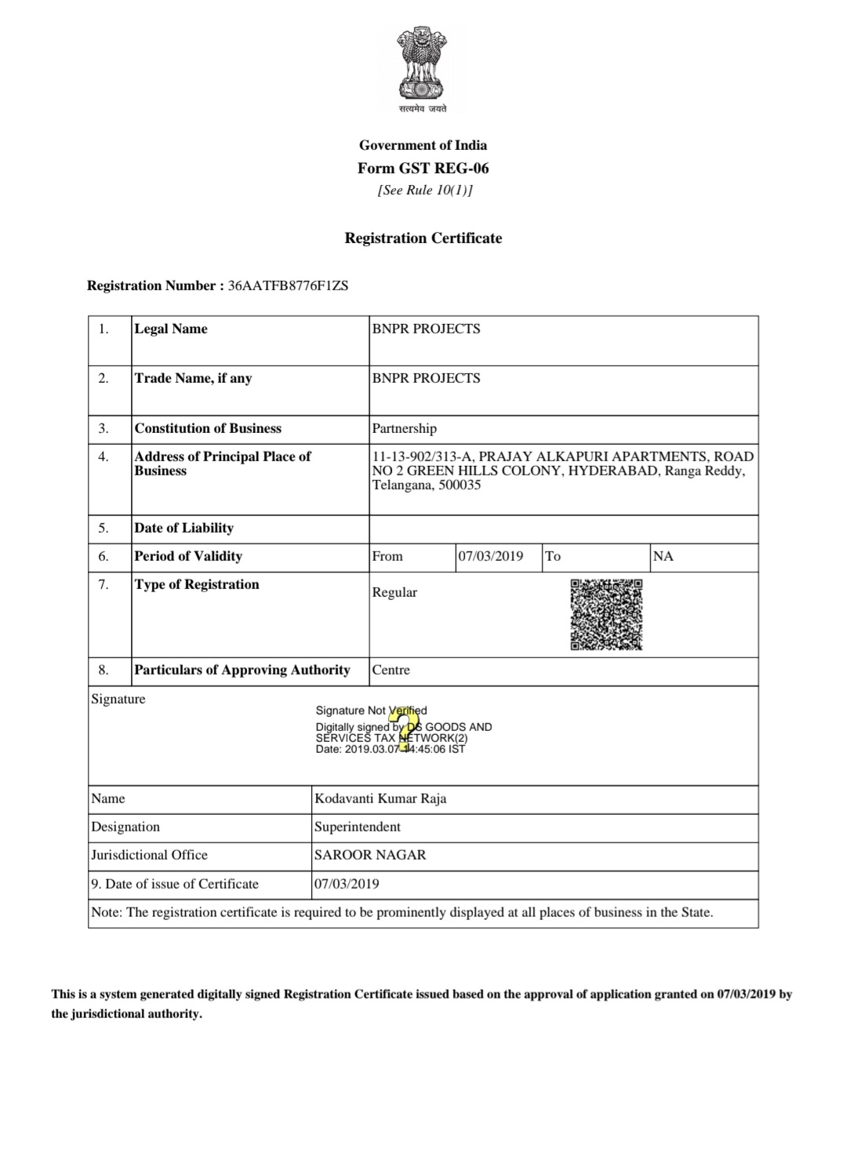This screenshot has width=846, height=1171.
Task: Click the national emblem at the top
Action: click(423, 67)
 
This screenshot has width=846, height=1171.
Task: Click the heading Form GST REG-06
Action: click(423, 168)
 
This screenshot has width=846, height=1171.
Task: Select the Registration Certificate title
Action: click(423, 238)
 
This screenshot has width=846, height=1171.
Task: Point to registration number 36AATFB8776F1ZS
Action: click(288, 285)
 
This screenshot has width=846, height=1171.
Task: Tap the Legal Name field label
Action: click(171, 329)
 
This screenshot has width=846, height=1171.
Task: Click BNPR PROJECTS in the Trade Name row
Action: click(426, 378)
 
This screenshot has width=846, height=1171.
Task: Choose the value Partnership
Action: click(404, 428)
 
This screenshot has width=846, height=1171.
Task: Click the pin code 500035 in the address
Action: click(461, 485)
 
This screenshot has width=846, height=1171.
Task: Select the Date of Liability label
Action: click(183, 528)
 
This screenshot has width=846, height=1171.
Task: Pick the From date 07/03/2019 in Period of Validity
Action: click(491, 556)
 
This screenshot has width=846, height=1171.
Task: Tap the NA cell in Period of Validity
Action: click(663, 556)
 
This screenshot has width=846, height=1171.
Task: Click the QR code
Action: click(606, 615)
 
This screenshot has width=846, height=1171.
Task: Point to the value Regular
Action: click(394, 592)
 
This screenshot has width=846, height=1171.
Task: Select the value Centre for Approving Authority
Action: click(390, 670)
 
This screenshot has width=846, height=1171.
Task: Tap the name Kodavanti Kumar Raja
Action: click(380, 798)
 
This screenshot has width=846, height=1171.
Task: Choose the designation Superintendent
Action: click(357, 827)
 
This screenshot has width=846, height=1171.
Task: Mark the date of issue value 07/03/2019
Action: click(347, 884)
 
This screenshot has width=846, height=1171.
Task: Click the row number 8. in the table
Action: click(103, 670)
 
